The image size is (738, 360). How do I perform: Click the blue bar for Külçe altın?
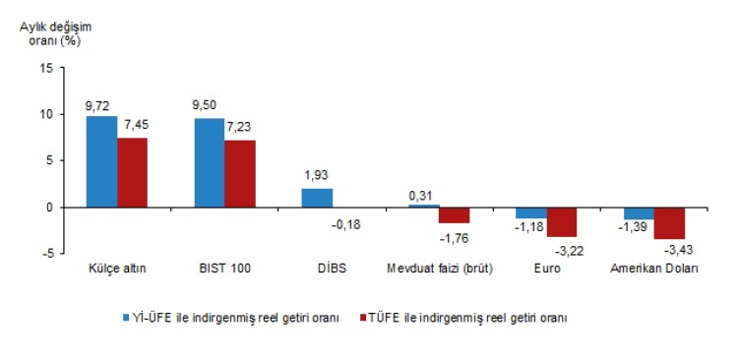coord(101,161)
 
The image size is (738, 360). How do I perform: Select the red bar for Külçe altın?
coord(132,172)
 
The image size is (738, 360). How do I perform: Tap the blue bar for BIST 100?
coord(209,162)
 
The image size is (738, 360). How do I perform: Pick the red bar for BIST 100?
coord(239,173)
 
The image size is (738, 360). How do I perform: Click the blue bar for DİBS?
coord(317,198)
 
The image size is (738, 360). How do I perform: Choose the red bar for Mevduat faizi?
coord(455,215)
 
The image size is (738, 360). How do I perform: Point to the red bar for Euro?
coord(562,222)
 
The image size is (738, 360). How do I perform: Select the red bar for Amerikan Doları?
coord(669,223)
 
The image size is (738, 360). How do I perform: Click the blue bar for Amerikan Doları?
coord(639,213)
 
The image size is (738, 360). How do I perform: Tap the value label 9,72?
coord(99,104)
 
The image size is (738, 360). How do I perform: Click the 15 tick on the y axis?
coord(46,68)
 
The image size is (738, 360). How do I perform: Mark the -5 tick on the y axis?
coord(46,253)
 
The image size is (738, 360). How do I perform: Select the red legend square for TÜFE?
coord(361,318)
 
